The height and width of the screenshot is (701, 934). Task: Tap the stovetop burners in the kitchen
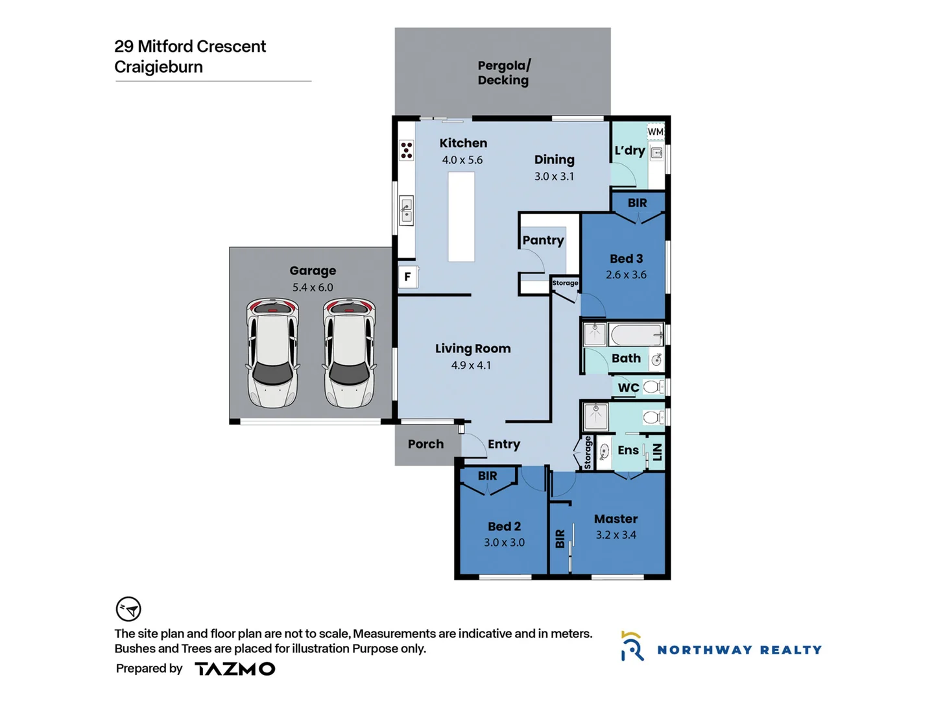tap(407, 151)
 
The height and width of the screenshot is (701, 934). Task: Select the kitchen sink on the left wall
tap(407, 210)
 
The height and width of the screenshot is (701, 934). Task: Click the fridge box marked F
tap(408, 277)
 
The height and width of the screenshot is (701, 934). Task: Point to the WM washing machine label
tap(655, 132)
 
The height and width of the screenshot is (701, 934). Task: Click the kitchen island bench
tap(461, 216)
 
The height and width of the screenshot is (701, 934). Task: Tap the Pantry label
tap(543, 240)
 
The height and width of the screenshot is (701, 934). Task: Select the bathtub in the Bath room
tap(636, 335)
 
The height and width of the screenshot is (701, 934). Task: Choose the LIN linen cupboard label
tap(657, 451)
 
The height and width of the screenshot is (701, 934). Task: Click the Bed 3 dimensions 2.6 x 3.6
tap(626, 275)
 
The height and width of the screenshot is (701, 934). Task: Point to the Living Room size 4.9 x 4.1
tap(471, 365)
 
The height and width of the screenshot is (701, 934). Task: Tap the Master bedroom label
tap(616, 519)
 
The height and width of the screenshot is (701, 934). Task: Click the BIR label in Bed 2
tap(487, 476)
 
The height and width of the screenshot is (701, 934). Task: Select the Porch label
tap(425, 444)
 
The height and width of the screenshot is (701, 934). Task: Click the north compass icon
tap(128, 609)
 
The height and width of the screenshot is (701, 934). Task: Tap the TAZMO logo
tap(235, 669)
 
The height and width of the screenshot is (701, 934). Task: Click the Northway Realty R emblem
tap(632, 646)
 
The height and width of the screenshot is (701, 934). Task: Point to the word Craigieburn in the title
tap(158, 67)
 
